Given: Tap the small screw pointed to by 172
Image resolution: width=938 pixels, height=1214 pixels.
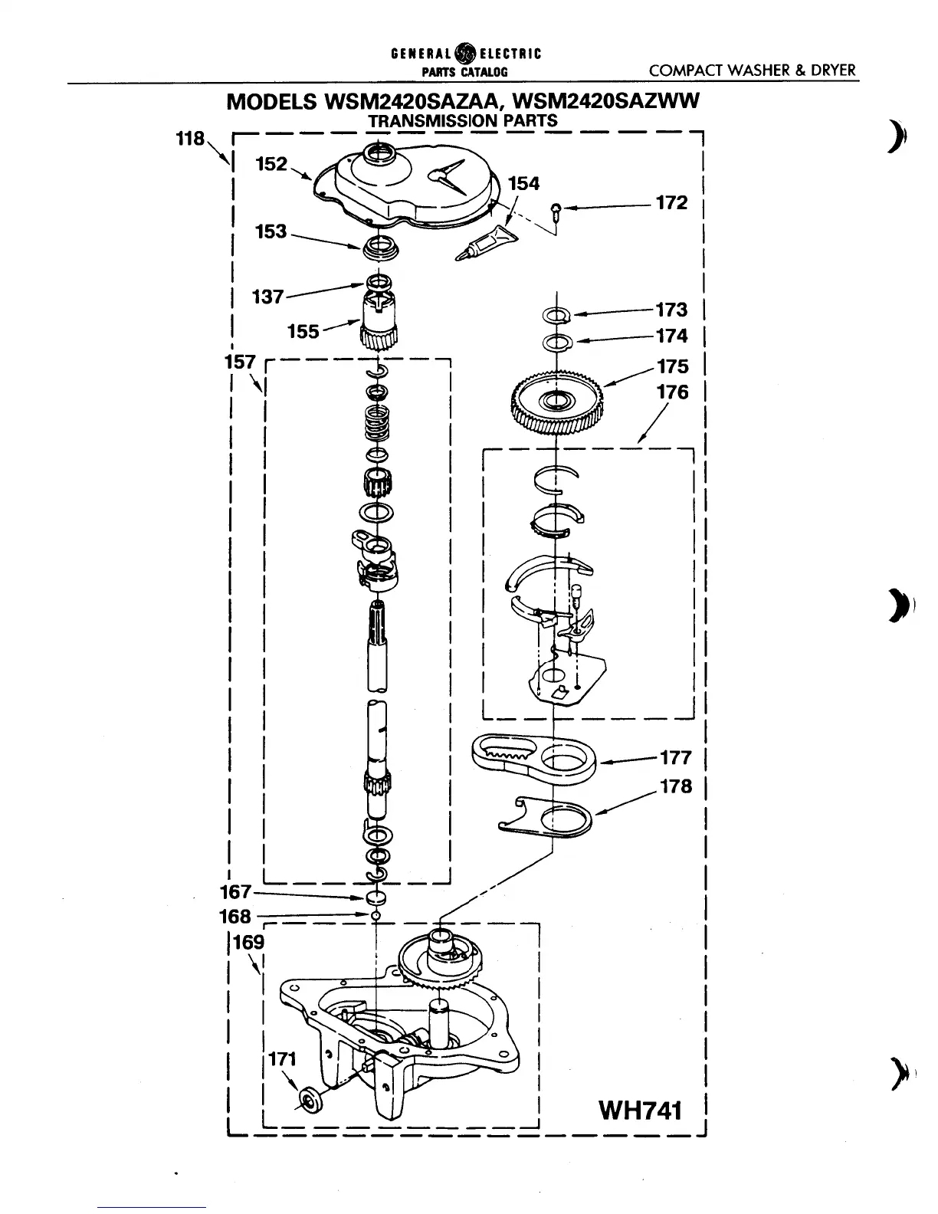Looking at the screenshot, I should [557, 208].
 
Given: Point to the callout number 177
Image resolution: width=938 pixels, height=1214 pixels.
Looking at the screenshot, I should [675, 758].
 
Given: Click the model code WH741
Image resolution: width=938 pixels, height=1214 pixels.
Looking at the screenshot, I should [640, 1110].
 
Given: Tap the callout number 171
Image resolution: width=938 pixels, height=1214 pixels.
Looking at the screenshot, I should [282, 1059].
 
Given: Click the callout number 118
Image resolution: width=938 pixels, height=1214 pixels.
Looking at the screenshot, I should [189, 139].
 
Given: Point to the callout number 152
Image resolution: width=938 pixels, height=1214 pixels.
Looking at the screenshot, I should [271, 164].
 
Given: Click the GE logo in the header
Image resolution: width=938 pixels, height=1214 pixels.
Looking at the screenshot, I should [464, 54].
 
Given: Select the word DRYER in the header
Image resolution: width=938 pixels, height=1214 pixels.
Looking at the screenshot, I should [833, 71].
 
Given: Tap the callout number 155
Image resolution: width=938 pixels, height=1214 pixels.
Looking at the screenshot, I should [303, 331].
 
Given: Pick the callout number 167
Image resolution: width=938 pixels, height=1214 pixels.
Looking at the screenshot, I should [235, 891].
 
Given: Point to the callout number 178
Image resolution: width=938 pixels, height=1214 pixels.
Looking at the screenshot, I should [675, 787].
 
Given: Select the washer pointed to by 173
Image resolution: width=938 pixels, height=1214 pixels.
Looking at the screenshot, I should [556, 313].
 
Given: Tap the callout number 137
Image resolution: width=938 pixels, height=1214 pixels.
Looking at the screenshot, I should [267, 297].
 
